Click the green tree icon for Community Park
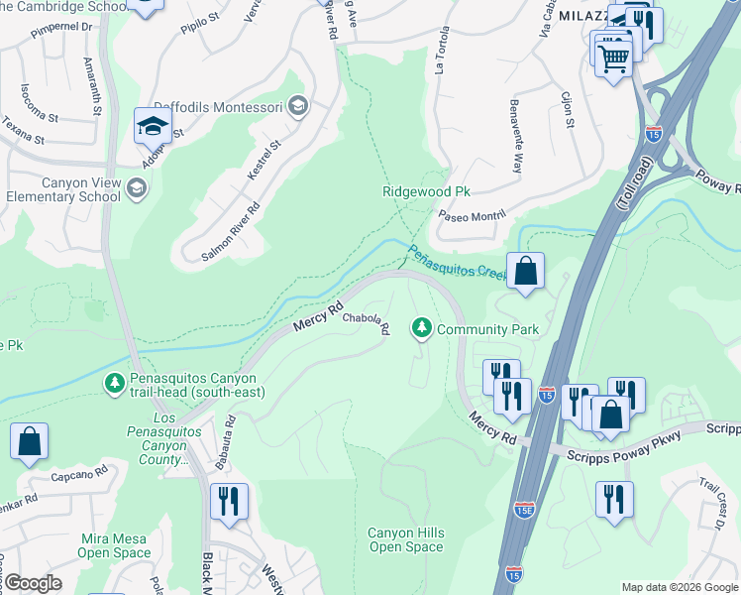(422, 328)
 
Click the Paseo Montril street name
(474, 214)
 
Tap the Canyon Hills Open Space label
(406, 539)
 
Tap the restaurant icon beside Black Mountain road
(229, 501)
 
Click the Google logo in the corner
(32, 583)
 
